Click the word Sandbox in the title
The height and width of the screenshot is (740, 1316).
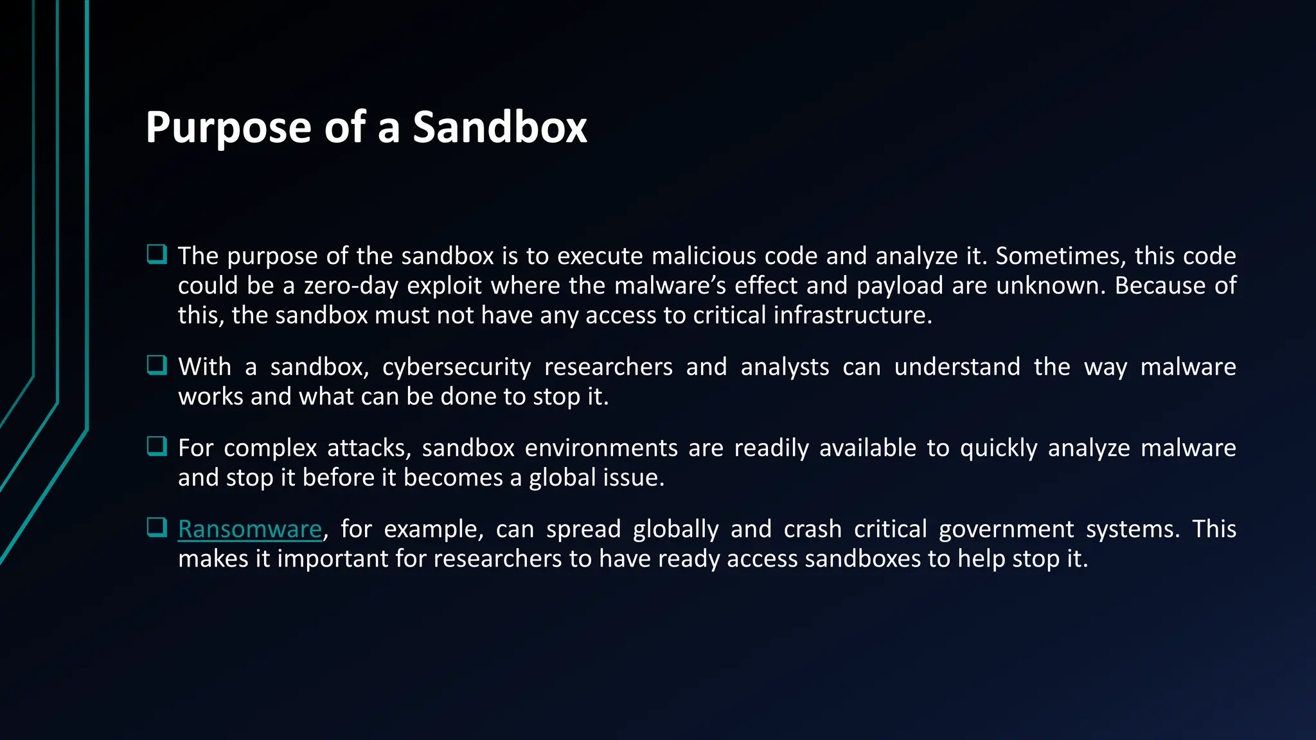coord(499,127)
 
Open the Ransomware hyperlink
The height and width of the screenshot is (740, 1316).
coord(249,529)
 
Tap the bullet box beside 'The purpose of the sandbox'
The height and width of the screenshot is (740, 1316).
coord(157,254)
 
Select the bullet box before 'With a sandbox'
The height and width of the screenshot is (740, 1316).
coord(157,366)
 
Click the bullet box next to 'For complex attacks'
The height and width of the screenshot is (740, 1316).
coord(157,446)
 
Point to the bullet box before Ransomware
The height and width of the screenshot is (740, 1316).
coord(157,528)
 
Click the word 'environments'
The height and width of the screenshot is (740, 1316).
coord(601,448)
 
